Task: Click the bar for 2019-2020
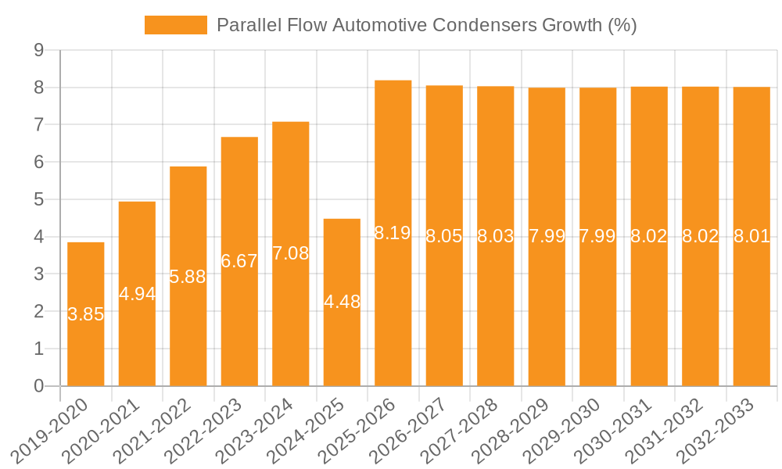[86, 344]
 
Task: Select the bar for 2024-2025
[342, 344]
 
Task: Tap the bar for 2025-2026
[393, 313]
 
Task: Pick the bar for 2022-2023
[239, 328]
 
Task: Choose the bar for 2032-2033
[752, 313]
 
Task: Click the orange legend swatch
[176, 25]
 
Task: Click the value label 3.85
[86, 314]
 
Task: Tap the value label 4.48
[342, 302]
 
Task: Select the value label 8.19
[393, 232]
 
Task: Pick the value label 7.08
[291, 253]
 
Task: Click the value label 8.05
[444, 236]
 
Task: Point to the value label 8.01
[752, 236]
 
